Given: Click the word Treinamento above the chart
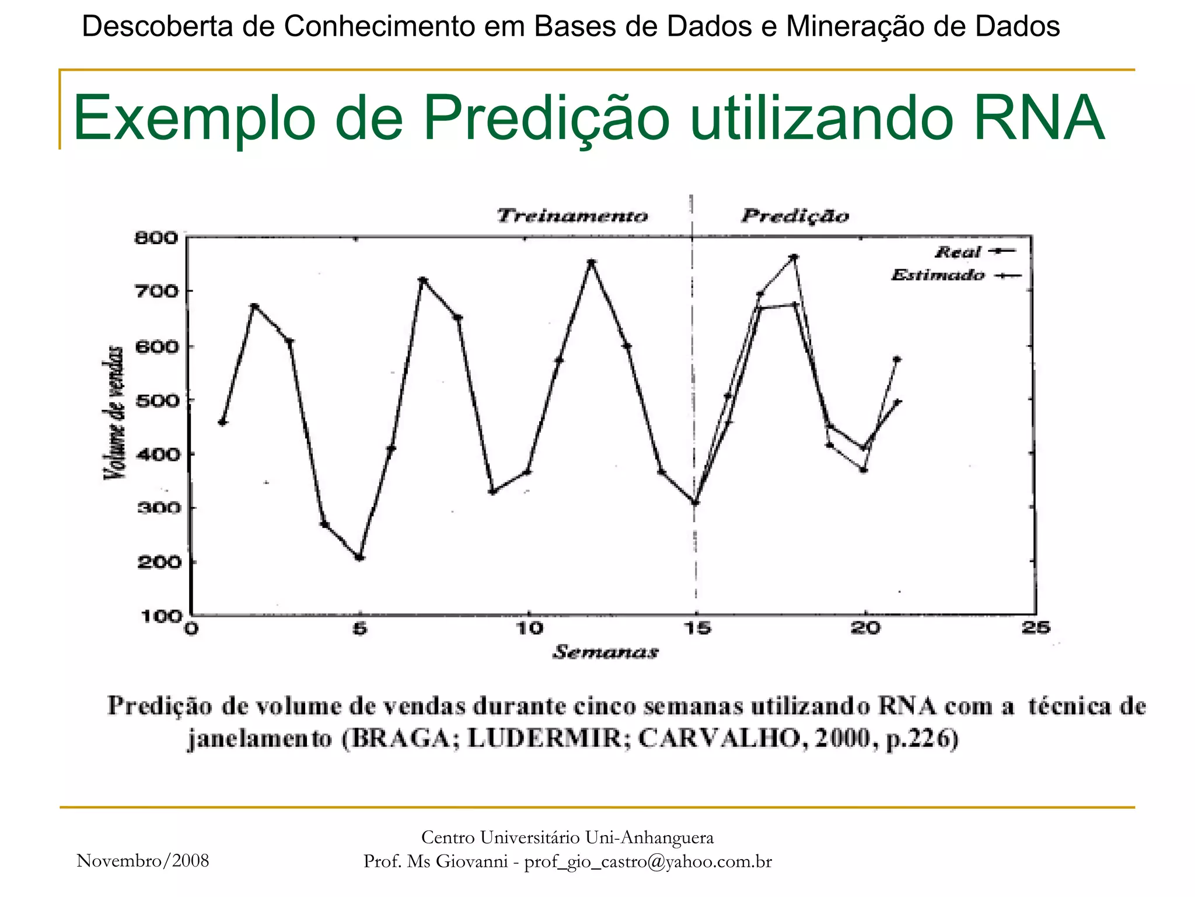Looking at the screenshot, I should [572, 216].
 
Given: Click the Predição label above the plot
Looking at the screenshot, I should [795, 216].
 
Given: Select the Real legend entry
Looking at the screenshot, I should [958, 252].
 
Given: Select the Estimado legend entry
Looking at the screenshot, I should [938, 275].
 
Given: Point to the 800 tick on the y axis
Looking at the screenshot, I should [156, 238].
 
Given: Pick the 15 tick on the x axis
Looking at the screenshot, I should [696, 628].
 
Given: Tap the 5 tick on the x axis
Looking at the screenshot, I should [361, 629].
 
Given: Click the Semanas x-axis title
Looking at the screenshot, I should [606, 652].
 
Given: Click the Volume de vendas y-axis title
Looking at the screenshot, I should [114, 412].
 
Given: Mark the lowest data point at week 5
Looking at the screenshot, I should [359, 558].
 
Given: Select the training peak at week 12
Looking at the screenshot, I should [591, 262].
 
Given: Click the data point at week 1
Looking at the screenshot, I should [222, 422].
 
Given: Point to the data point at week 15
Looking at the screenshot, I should [695, 502].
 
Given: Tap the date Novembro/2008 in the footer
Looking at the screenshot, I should [143, 861].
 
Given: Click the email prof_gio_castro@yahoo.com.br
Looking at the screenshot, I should [648, 862].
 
